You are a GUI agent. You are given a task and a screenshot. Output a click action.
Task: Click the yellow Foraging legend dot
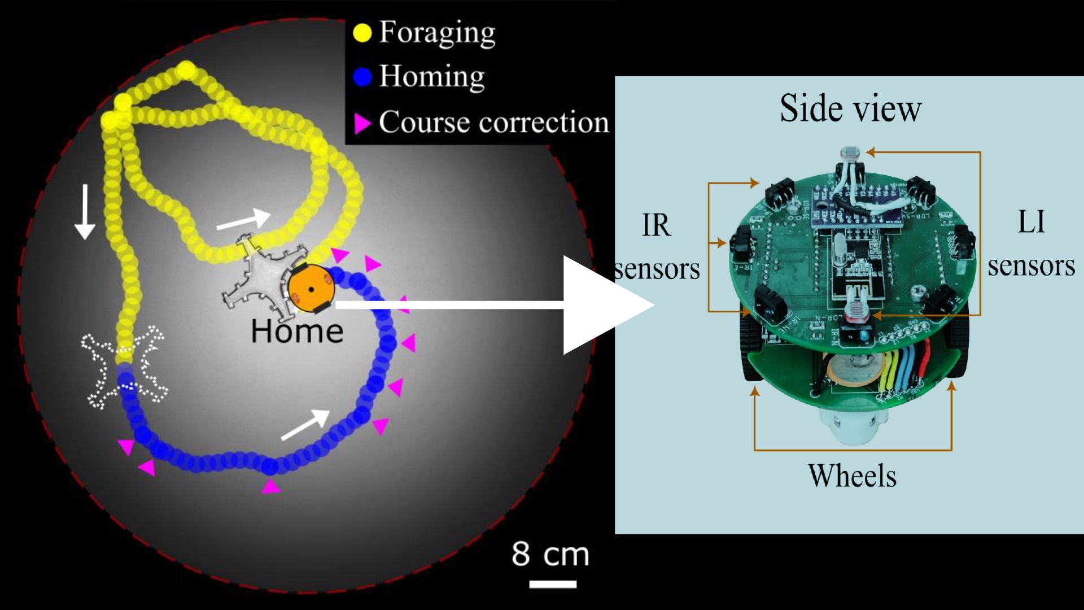point(362,33)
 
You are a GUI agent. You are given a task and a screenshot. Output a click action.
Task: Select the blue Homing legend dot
point(362,77)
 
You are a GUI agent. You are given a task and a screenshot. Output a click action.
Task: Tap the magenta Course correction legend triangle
point(362,123)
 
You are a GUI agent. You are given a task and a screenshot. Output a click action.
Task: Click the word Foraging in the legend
point(437,33)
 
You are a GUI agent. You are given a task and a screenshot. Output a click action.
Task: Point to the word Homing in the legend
point(432,76)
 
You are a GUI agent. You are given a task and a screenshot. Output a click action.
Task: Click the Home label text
point(297,331)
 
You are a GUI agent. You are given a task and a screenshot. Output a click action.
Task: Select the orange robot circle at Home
point(311,289)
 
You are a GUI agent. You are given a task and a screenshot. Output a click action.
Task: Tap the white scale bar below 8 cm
point(553,584)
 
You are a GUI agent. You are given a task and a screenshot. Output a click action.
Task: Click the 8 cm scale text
point(550,554)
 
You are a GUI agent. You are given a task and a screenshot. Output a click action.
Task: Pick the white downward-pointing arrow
point(85,212)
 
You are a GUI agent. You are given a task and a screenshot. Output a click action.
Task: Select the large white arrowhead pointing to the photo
point(609,305)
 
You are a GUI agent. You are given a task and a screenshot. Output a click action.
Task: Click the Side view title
point(850,108)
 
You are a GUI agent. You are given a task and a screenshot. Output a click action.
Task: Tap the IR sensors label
point(657,247)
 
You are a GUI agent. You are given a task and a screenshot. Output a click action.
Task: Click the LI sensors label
point(1031,243)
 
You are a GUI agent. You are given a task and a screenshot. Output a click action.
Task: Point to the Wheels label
point(852,476)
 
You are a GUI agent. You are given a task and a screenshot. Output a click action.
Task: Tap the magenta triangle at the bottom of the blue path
point(271,486)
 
